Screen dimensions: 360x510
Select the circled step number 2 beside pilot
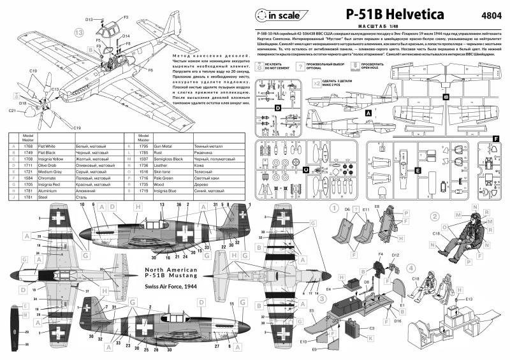coord(434,215)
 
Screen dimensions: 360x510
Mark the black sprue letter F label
coord(495,138)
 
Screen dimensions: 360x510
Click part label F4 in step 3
coord(381,255)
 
